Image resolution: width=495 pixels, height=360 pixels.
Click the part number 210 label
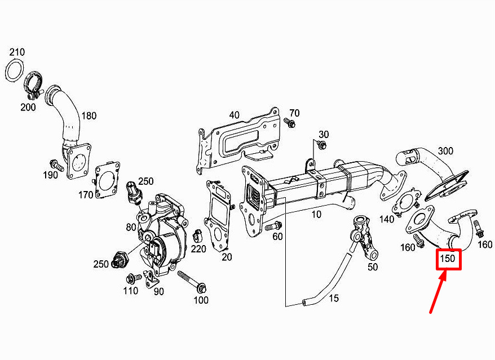[x=17, y=52]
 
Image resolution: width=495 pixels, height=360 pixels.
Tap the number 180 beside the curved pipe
[x=89, y=116]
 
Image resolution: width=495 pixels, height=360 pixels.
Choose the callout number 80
[x=131, y=227]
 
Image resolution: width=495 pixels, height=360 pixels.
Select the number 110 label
[x=130, y=291]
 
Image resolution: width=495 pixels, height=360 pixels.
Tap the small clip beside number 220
[x=198, y=235]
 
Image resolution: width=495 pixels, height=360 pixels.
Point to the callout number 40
[x=234, y=115]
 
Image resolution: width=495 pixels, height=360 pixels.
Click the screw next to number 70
[x=289, y=122]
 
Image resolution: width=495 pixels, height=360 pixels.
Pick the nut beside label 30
[x=322, y=145]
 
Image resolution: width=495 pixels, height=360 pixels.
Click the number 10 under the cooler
[x=316, y=215]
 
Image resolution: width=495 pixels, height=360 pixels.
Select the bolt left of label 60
[x=273, y=226]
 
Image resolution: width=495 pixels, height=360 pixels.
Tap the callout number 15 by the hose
[x=334, y=298]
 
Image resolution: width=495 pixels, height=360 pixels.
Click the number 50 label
[x=373, y=267]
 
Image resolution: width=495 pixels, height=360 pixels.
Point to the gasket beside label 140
[x=405, y=203]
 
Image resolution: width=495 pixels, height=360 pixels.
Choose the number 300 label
[x=445, y=151]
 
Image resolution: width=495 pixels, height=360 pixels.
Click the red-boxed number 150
[x=448, y=259]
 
